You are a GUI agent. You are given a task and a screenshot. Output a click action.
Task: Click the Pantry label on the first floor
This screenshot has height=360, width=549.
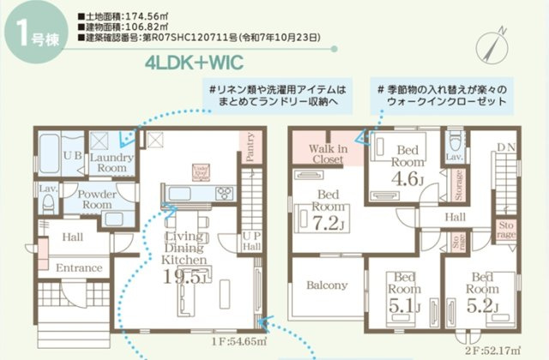click(251, 147)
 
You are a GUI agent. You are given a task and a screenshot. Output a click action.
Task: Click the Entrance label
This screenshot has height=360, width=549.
click(79, 269)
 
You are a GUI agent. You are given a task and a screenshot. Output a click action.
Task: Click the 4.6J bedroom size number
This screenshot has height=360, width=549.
click(407, 178)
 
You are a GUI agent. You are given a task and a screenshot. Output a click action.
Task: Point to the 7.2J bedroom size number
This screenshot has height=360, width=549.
click(329, 223)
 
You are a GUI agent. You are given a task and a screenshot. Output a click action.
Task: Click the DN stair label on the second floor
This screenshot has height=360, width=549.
click(507, 148)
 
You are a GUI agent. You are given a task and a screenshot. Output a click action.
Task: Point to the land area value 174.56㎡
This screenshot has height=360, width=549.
click(128, 16)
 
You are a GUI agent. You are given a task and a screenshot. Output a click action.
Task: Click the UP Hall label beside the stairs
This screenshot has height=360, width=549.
click(252, 240)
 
